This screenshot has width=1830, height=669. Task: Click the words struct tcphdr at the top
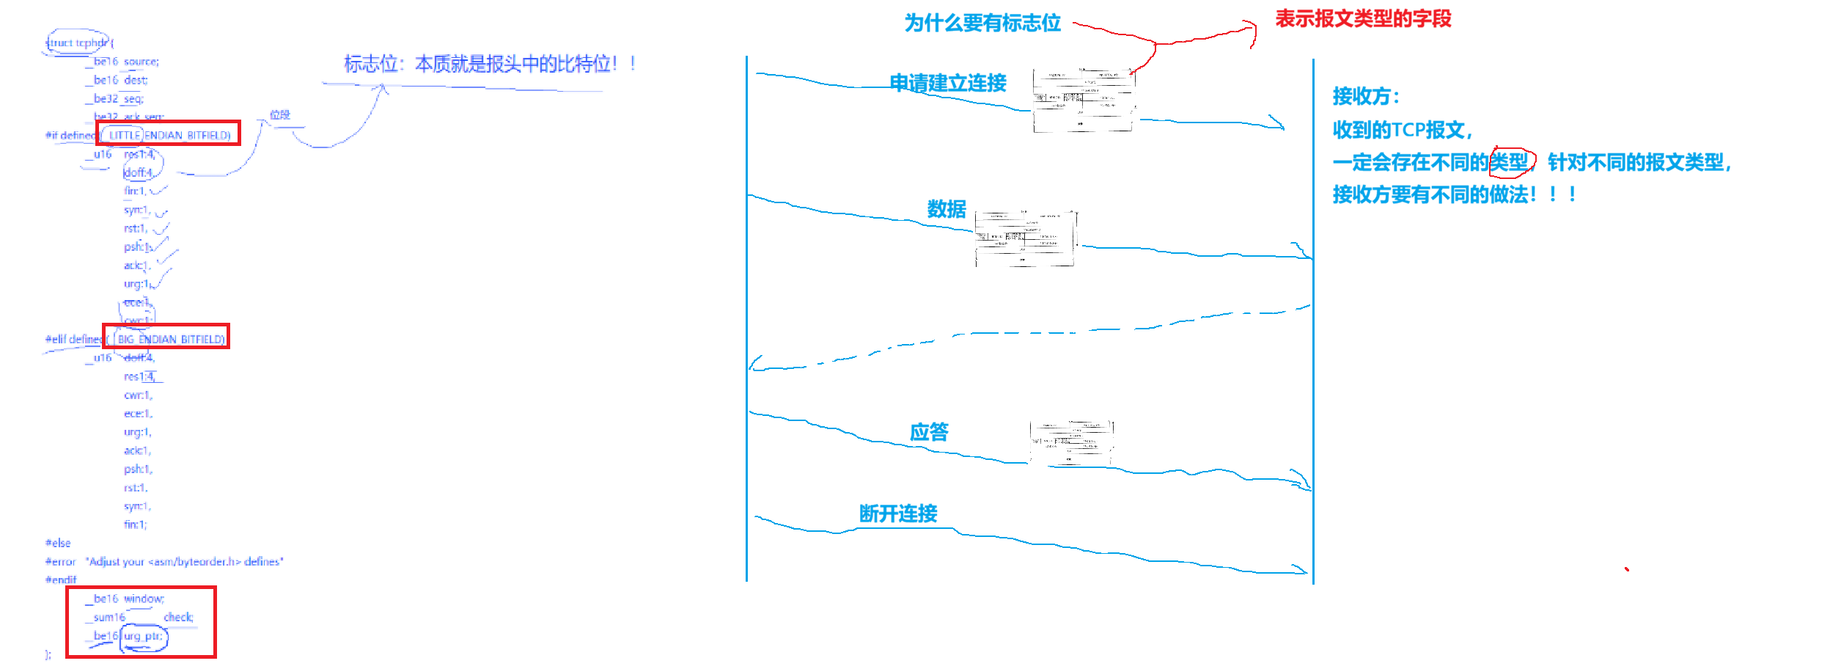click(x=78, y=43)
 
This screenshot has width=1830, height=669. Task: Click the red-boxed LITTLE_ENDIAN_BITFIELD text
click(x=169, y=135)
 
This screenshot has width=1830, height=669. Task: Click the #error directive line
click(x=163, y=562)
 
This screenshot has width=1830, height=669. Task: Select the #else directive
click(x=58, y=543)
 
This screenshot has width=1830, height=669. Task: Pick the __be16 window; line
click(x=125, y=599)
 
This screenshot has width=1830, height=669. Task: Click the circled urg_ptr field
click(x=144, y=636)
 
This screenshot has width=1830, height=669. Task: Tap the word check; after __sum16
click(x=178, y=618)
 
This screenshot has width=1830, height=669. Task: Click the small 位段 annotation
click(x=280, y=114)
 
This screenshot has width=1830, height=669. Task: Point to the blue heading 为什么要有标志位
click(x=982, y=23)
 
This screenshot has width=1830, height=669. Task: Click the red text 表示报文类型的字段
click(x=1363, y=18)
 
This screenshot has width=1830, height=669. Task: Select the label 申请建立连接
click(x=947, y=83)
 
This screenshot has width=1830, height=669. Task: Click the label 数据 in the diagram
click(x=947, y=209)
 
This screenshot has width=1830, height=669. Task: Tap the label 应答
click(x=929, y=432)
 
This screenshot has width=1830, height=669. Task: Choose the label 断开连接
click(x=898, y=513)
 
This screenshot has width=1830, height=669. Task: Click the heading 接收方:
click(x=1366, y=96)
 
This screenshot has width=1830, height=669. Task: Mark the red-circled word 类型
click(x=1510, y=161)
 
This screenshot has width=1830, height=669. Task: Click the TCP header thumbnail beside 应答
click(x=1072, y=442)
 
